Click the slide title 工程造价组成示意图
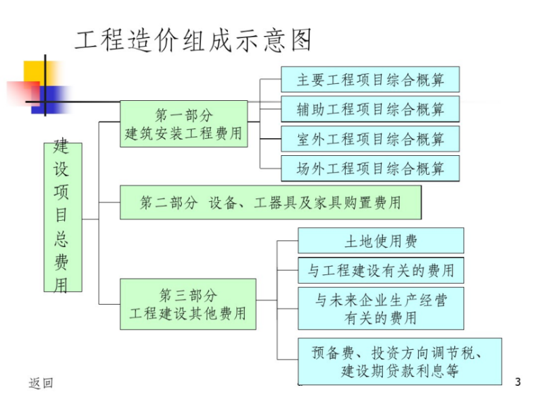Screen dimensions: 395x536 (x=193, y=40)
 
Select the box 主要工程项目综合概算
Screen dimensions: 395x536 (x=370, y=79)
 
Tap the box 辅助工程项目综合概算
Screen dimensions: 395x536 (x=370, y=109)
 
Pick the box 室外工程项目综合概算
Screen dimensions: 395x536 (x=370, y=139)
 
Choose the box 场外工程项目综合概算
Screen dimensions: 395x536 (x=370, y=169)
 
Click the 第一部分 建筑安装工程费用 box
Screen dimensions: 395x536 (x=183, y=123)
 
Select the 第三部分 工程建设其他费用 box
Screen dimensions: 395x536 (x=188, y=304)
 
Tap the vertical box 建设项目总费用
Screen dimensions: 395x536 (x=62, y=217)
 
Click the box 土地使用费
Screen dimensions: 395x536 (x=381, y=241)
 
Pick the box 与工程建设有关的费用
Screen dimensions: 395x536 (x=381, y=270)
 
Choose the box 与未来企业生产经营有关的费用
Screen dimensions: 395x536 (x=381, y=308)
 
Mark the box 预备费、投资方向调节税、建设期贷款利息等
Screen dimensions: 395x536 (x=399, y=360)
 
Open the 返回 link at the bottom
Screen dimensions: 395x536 (x=40, y=383)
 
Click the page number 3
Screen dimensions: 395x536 (x=518, y=382)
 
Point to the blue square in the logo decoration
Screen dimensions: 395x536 (x=54, y=98)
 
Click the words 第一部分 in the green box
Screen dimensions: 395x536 (x=183, y=115)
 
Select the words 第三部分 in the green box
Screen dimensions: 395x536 (x=188, y=296)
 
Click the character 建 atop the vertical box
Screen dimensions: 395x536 (x=62, y=148)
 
